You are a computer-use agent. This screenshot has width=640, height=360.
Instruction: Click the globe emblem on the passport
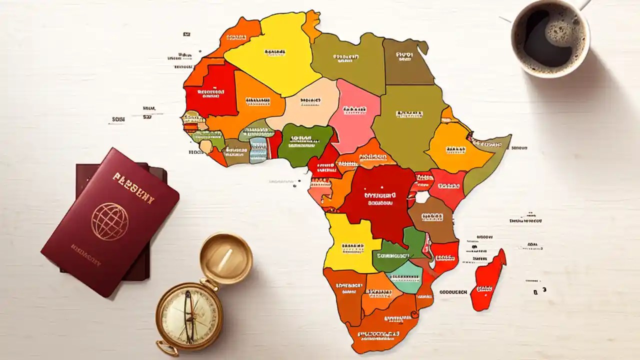pos(109,221)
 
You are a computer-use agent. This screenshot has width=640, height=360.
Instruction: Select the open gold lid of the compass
pos(226,257)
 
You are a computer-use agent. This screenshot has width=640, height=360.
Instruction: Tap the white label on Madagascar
pos(484,288)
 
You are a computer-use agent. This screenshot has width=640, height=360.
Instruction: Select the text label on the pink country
pos(354,109)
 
